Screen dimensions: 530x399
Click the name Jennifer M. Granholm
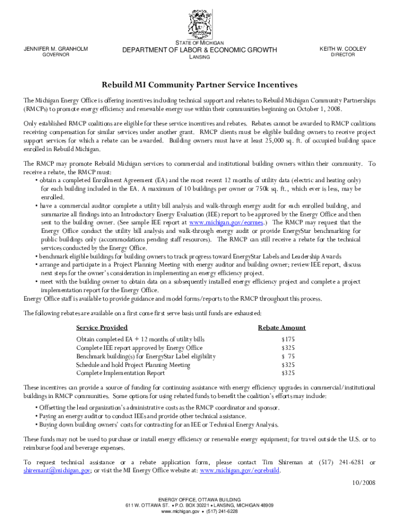[56, 49]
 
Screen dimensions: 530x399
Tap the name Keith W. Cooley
[343, 49]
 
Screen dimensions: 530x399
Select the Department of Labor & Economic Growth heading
[199, 50]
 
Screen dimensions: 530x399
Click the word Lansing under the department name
[199, 57]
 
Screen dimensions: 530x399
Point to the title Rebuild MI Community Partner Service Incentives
[199, 84]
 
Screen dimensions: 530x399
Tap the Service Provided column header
[102, 328]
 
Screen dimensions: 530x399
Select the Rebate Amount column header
[281, 328]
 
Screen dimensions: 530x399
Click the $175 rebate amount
[288, 340]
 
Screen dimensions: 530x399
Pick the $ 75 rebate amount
[288, 357]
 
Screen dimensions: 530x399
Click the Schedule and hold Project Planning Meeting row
[133, 365]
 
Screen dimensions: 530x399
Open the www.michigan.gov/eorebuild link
[240, 470]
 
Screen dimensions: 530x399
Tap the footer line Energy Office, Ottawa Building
[199, 500]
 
